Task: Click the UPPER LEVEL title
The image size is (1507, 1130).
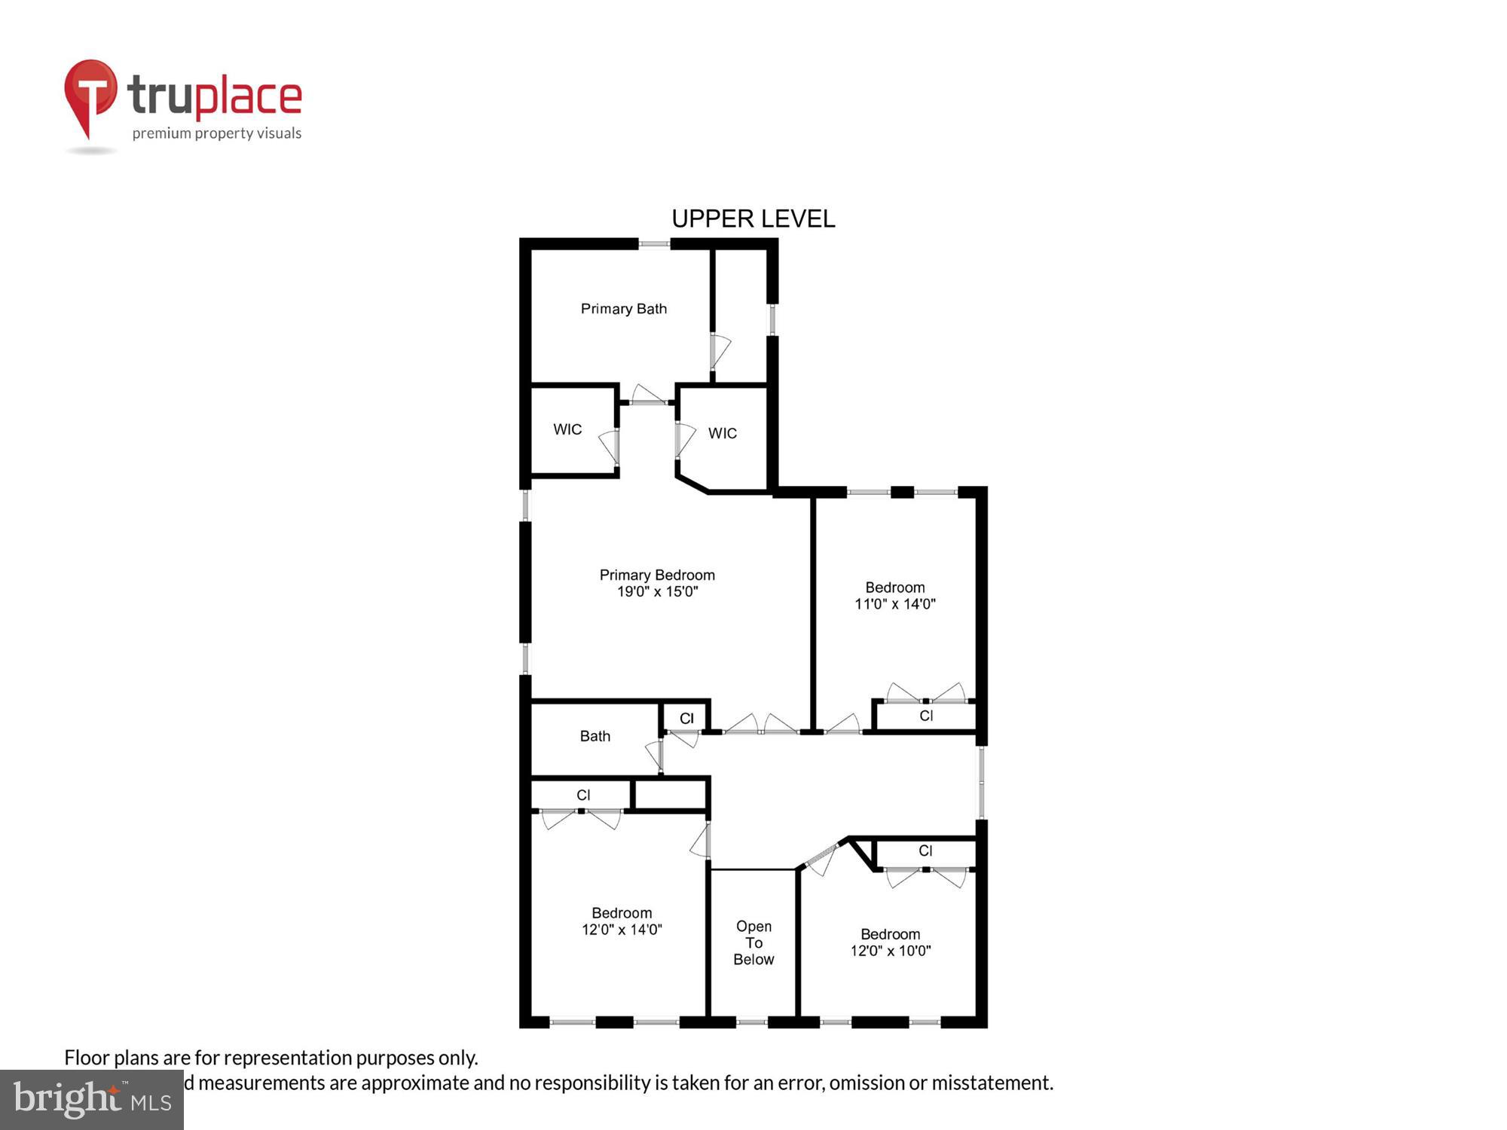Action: point(753,218)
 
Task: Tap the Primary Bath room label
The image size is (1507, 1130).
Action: point(623,309)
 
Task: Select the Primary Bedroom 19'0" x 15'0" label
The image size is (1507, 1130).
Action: point(657,583)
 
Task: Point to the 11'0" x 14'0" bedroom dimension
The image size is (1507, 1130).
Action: point(894,604)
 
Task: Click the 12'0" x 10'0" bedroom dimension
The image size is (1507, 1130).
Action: point(891,951)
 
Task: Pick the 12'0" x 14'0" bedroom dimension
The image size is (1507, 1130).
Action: point(622,930)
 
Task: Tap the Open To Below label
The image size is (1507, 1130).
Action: point(753,942)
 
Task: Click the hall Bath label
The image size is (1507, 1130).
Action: point(595,736)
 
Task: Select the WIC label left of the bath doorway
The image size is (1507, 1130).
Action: point(567,429)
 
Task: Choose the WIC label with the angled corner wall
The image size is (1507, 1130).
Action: point(722,433)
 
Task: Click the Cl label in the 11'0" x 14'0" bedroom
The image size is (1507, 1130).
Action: point(926,716)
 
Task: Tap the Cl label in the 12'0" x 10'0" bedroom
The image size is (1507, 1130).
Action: point(925,851)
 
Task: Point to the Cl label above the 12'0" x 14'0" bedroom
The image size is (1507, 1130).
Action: point(583,795)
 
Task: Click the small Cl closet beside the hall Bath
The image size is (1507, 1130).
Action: point(686,718)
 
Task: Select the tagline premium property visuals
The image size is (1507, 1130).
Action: point(217,133)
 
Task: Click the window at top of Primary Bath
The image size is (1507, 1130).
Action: point(654,244)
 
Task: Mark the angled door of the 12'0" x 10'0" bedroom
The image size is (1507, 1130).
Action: point(821,857)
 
